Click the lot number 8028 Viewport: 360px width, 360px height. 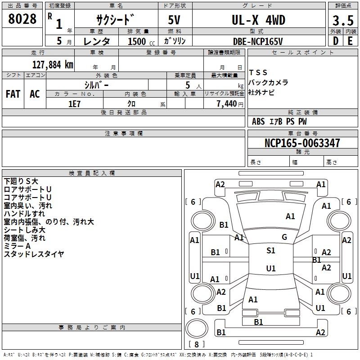(x=22, y=19)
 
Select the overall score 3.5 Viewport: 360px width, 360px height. (x=343, y=20)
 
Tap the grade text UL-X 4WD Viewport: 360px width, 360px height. (x=258, y=20)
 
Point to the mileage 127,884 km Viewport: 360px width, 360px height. (x=53, y=65)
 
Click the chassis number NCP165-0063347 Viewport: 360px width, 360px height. (x=302, y=143)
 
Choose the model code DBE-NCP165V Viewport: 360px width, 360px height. (x=258, y=41)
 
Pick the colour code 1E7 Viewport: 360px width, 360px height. (x=74, y=104)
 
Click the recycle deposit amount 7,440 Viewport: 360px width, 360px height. (x=227, y=104)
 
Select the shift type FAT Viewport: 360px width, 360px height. (x=13, y=94)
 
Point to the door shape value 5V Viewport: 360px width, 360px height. (x=174, y=20)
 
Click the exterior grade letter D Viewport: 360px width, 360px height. (x=336, y=41)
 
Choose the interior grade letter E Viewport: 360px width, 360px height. (x=350, y=41)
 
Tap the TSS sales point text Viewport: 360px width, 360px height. (x=258, y=72)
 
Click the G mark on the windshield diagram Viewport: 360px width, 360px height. (x=284, y=237)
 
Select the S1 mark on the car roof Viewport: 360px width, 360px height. (x=271, y=250)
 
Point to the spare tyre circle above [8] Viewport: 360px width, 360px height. (x=197, y=328)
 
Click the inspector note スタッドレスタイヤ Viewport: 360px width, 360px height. (x=34, y=254)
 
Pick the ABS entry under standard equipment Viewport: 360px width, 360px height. (x=258, y=121)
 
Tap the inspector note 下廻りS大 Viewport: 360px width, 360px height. (x=21, y=181)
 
